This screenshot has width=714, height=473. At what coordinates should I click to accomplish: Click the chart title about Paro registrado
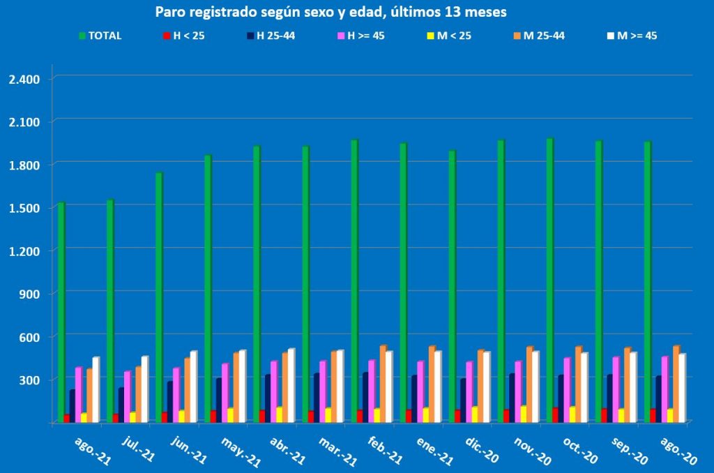click(331, 13)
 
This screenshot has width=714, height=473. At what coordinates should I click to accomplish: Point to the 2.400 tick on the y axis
click(24, 78)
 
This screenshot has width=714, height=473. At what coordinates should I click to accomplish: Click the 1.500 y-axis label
click(24, 208)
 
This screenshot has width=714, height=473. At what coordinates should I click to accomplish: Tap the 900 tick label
click(31, 294)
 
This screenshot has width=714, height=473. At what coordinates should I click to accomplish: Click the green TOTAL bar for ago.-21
click(61, 314)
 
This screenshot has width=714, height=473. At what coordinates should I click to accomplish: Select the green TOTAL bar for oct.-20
click(550, 279)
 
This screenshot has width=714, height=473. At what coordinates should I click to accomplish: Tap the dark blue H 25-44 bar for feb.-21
click(365, 398)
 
